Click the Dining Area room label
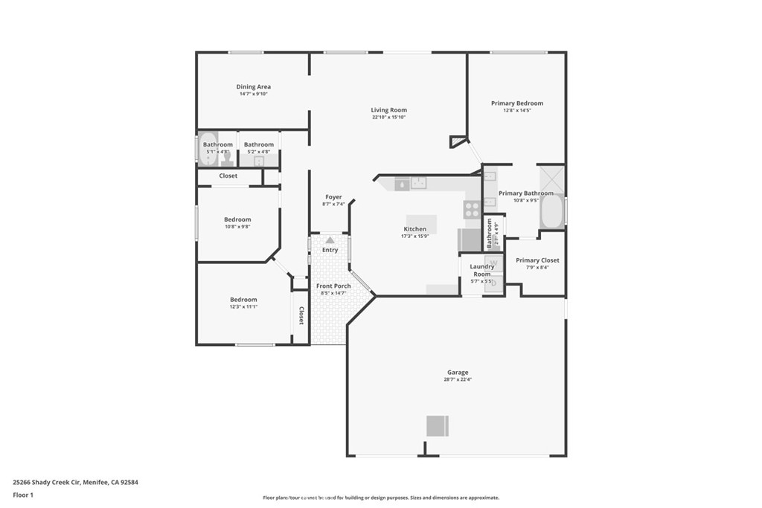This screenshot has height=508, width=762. [x=253, y=87]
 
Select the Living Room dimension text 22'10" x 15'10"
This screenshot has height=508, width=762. [x=388, y=117]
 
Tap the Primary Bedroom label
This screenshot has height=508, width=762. [x=516, y=103]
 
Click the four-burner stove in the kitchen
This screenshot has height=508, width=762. [x=472, y=210]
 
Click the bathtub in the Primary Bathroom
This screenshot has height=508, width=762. [x=551, y=210]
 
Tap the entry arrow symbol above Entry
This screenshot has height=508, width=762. [x=330, y=240]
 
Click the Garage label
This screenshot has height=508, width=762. [x=457, y=372]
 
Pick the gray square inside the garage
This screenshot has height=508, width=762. [x=438, y=425]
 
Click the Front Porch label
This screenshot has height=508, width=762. [x=333, y=286]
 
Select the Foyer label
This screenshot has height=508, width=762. [x=333, y=197]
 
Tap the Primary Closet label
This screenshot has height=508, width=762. [x=537, y=260]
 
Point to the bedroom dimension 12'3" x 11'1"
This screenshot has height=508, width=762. [x=243, y=306]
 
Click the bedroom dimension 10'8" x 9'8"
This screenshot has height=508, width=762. [x=237, y=226]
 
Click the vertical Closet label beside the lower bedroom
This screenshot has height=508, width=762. [x=301, y=316]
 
